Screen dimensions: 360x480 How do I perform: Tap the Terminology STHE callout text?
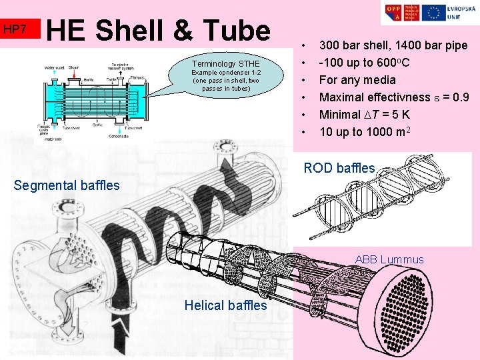point(226,64)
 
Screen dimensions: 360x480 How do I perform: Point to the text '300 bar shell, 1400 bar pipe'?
point(393,46)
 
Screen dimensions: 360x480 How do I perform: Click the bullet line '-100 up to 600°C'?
point(364,63)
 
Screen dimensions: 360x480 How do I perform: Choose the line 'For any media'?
point(357,80)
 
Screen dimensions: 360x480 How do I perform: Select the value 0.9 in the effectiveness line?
point(460,97)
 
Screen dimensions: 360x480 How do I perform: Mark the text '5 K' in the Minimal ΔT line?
point(400,114)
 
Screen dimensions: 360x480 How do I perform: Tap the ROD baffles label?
point(339,168)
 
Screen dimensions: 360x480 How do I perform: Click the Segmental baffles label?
point(67,185)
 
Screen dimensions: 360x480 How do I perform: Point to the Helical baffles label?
point(225,305)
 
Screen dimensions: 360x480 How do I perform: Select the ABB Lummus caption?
point(389,259)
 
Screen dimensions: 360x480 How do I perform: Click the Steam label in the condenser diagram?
point(74,67)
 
